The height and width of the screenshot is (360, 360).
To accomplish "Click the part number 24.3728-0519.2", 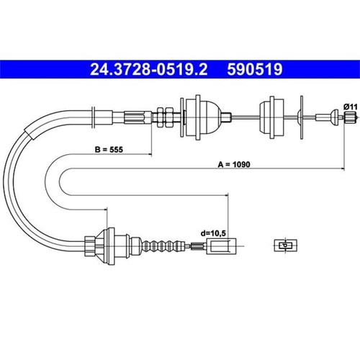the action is pyautogui.click(x=148, y=69).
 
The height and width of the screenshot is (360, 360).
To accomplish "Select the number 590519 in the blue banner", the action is pyautogui.click(x=255, y=69).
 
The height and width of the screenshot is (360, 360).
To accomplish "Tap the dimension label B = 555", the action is pyautogui.click(x=109, y=150).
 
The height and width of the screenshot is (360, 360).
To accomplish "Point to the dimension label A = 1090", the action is pyautogui.click(x=234, y=164).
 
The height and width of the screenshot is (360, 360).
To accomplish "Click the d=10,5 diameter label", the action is pyautogui.click(x=213, y=233).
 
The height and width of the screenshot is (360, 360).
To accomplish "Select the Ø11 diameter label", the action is pyautogui.click(x=351, y=107).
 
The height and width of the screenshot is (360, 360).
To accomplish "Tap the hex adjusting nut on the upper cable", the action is pyautogui.click(x=165, y=117).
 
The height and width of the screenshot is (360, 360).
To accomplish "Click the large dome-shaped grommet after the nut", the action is pyautogui.click(x=203, y=117).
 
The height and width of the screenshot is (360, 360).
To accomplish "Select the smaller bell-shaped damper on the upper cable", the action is pyautogui.click(x=271, y=117).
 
